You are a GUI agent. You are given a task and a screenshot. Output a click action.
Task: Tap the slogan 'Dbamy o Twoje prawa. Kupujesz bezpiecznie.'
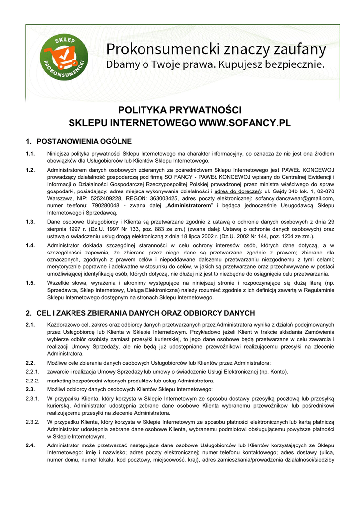215,64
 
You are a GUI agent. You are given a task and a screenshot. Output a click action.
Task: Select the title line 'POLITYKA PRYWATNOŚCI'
179,110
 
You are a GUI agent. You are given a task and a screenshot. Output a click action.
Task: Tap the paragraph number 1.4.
30,245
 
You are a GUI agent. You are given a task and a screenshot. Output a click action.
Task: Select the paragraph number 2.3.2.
32,422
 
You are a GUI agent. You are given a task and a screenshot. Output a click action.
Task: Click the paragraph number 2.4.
30,445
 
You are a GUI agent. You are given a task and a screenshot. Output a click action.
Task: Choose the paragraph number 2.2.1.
32,372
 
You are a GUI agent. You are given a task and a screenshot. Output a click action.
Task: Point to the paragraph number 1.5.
30,283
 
